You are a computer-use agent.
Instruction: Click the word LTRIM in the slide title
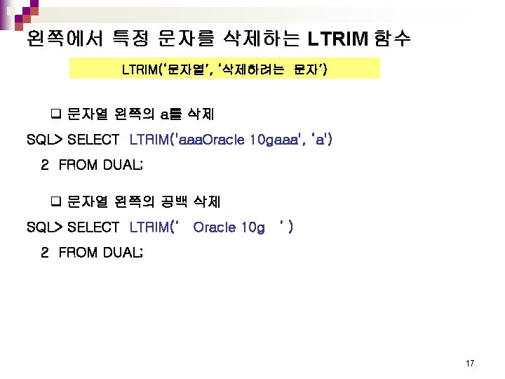[338, 38]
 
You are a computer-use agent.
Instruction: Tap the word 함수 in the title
[393, 38]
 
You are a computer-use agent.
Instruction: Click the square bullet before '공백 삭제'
[57, 202]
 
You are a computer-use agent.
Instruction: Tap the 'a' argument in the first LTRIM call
[320, 140]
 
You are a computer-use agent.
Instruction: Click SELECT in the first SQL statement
[93, 140]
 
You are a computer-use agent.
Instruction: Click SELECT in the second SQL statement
[93, 227]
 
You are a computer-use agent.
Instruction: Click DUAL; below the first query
[123, 166]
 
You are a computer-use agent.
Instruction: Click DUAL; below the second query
[123, 253]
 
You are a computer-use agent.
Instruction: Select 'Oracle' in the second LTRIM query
[215, 227]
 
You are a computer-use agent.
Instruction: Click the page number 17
[470, 364]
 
